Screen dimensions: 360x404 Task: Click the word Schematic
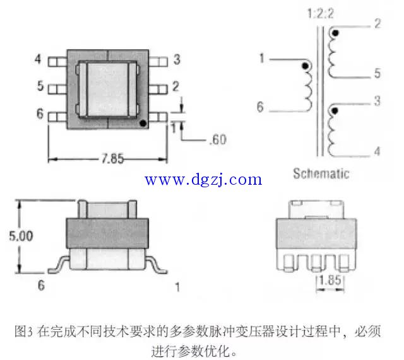coord(321,173)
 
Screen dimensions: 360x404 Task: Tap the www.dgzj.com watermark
coord(203,180)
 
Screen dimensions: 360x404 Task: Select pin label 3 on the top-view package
coord(177,60)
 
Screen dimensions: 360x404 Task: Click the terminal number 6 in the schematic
coord(259,107)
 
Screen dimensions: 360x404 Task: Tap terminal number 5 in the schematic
coord(376,74)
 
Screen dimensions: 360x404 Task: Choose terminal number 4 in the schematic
coord(376,151)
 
